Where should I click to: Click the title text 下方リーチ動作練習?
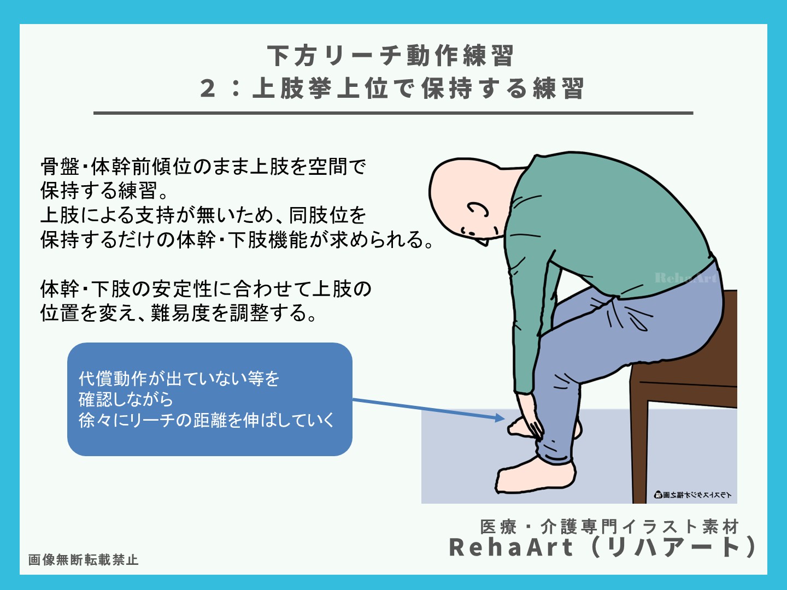click(x=390, y=56)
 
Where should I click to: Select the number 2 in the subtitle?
click(x=208, y=88)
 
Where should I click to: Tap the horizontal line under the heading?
click(x=393, y=113)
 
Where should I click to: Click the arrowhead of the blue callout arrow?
click(x=500, y=418)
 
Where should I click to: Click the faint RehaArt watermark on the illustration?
click(x=685, y=278)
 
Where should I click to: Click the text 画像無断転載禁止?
click(x=83, y=560)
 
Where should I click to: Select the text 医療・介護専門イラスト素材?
click(x=609, y=527)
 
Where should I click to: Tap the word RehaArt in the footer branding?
click(x=510, y=547)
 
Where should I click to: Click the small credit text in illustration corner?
click(x=692, y=495)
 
